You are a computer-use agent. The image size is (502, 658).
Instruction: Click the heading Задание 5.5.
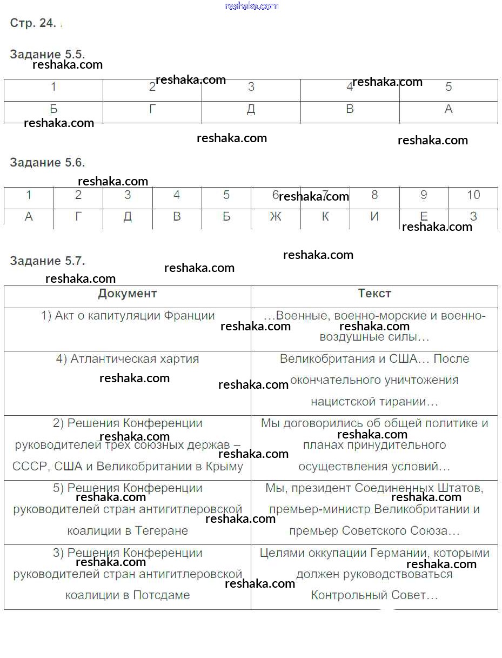48,54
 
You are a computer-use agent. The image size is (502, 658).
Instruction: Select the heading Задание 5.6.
48,162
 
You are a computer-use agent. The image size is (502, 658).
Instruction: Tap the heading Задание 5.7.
48,261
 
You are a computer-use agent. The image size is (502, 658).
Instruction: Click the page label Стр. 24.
33,23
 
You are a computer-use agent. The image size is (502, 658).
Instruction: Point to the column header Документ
128,294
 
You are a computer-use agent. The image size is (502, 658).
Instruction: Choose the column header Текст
374,294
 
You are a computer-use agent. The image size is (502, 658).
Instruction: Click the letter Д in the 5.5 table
251,110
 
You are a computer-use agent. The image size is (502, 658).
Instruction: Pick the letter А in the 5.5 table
449,110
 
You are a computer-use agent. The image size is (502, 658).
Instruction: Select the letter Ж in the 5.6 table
276,217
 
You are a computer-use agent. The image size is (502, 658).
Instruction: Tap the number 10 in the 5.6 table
473,195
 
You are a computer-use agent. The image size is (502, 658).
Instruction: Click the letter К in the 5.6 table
325,217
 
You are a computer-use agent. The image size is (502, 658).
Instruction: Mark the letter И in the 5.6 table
374,217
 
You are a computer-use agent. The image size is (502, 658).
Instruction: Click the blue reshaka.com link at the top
251,6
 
